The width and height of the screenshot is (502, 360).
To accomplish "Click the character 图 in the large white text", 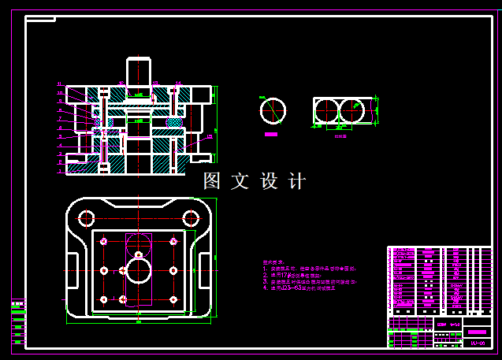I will coord(212,181).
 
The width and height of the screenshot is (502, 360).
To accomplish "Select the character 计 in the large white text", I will coord(297,181).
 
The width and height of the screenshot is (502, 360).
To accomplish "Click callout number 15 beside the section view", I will coord(210,136).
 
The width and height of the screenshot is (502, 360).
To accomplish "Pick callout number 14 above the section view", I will coord(178,83).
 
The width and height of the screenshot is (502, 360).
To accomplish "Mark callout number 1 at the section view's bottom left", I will coord(60,170).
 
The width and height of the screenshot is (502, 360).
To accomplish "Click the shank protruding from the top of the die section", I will coord(139,71).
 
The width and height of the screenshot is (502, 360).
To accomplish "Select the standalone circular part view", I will coord(273,111).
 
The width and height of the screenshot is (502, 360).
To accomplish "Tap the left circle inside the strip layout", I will coord(328,112).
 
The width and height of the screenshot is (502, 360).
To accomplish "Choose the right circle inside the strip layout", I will coord(355,112).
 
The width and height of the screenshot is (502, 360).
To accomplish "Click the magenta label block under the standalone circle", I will coord(271,134).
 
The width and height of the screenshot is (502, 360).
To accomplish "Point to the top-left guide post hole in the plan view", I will coord(86,217).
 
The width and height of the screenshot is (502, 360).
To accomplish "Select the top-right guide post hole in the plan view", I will coord(191,217).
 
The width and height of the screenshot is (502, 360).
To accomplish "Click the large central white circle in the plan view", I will coord(139,271).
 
